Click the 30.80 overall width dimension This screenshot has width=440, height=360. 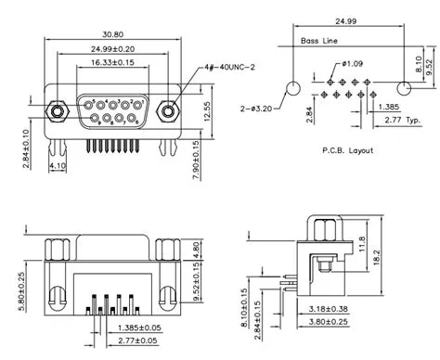(112, 34)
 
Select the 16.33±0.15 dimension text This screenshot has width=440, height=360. (112, 62)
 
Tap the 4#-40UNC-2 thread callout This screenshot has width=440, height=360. (227, 68)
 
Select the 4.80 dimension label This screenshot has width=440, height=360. (197, 251)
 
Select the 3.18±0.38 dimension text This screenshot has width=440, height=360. (327, 308)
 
